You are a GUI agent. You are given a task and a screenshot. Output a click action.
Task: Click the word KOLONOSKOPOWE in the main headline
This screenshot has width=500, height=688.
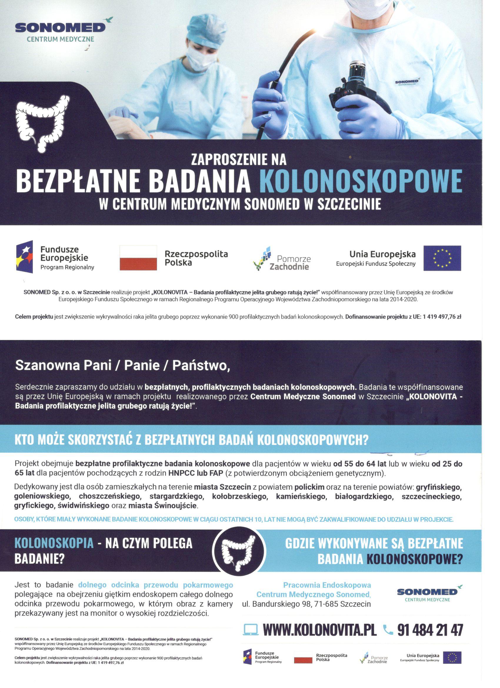point(361,181)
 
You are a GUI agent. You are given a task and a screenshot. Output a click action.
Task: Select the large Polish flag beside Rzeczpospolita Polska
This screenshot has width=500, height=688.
point(139,258)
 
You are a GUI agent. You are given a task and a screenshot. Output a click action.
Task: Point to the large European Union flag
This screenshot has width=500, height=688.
point(442,258)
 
